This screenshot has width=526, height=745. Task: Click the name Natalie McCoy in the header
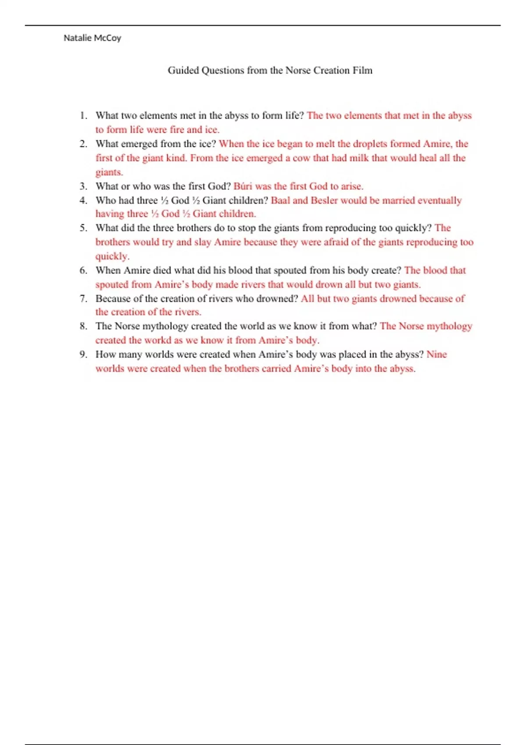coord(92,38)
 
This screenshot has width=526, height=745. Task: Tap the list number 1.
coord(83,116)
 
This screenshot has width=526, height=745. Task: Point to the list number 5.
coord(83,228)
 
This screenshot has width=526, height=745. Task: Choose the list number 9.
coord(83,355)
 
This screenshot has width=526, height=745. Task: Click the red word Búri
coord(243,186)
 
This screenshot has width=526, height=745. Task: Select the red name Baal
coord(281,200)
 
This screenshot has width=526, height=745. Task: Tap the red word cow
coord(301,158)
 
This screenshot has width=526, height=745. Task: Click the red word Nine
coord(437,355)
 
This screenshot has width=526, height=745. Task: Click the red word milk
coord(359,158)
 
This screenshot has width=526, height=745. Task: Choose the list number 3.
coord(83,186)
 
